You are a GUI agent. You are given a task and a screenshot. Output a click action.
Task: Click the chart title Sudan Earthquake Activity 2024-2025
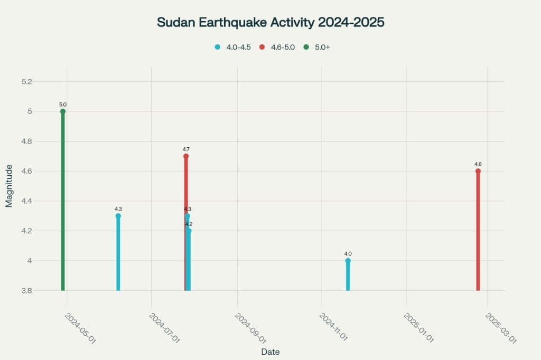pos(270,22)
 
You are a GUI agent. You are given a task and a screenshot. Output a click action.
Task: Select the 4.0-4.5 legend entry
pos(232,47)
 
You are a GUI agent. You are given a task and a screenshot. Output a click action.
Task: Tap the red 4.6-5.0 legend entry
pos(277,47)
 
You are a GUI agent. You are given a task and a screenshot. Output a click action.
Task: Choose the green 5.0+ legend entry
pos(316,47)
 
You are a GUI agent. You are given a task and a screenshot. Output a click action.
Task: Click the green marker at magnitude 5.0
pos(63,111)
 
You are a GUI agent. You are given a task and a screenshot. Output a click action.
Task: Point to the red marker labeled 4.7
pos(186,156)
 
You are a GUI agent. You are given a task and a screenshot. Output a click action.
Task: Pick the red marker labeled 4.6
pos(478,171)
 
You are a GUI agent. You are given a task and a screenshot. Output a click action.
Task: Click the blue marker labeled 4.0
pos(348,261)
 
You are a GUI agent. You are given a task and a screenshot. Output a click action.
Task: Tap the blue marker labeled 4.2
pos(189,231)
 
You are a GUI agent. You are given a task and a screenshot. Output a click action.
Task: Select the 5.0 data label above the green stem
pos(63,105)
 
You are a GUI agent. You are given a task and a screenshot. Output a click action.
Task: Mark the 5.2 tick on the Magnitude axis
pos(26,82)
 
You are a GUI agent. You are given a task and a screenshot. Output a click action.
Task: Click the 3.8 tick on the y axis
pos(26,291)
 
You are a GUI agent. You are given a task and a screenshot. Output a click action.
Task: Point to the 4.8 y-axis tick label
pos(26,141)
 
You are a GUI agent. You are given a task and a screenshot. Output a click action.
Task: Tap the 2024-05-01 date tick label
pos(80,329)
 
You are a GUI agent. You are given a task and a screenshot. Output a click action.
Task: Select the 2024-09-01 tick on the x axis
pos(250,329)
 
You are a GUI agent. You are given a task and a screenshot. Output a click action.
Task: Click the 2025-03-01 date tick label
pos(501,329)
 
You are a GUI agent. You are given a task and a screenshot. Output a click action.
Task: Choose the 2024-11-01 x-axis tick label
pos(333,327)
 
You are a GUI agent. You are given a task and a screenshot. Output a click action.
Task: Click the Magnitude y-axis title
pos(9,186)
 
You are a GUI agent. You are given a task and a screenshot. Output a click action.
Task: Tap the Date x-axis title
pos(270,352)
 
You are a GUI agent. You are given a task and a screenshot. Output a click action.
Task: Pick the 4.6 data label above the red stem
pos(478,164)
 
